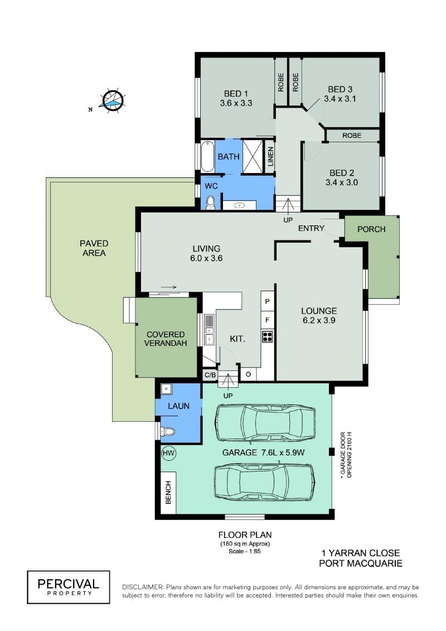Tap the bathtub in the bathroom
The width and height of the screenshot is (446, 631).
207,156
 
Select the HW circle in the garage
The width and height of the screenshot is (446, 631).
169,453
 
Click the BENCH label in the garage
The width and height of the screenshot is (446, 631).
168,492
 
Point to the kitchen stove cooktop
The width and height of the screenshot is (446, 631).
268,336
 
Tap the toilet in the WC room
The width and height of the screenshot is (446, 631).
210,203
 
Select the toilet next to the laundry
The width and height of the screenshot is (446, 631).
168,432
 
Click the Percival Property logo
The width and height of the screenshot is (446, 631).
69,587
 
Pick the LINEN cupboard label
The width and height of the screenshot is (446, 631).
270,157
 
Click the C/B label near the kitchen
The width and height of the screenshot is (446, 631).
210,375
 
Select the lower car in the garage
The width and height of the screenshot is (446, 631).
264,481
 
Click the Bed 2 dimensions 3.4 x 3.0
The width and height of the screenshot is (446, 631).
341,182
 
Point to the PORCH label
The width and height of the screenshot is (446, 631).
371,229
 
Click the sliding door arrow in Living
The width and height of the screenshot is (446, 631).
169,287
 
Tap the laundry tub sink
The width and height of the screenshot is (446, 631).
166,388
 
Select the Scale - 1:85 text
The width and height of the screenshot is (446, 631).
245,551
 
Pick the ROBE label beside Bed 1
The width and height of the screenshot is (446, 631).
281,82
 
